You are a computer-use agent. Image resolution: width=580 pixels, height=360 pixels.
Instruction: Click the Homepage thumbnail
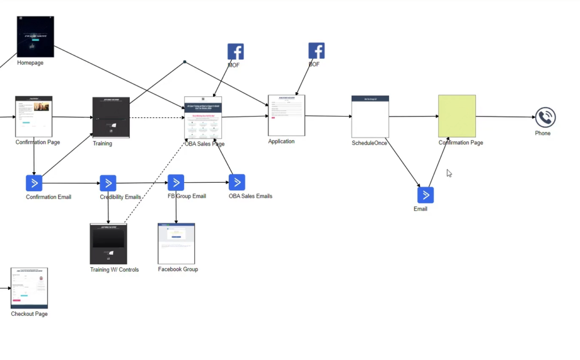35,37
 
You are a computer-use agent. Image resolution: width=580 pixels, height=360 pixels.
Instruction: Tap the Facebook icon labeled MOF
236,52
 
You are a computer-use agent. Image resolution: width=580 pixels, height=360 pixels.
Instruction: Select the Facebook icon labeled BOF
317,50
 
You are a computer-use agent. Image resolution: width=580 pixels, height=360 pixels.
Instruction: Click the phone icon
545,117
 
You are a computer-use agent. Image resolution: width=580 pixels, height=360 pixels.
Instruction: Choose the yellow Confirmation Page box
457,116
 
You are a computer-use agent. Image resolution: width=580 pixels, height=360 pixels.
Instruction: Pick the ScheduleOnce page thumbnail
370,117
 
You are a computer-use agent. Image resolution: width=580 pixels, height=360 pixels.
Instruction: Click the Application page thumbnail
287,115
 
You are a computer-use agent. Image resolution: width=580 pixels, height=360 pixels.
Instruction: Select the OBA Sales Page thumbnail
203,118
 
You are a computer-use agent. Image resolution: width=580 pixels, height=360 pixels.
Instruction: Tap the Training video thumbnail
111,118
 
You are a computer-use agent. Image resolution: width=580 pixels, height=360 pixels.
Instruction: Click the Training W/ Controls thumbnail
108,244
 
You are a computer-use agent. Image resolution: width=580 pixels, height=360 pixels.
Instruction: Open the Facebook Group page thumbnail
176,243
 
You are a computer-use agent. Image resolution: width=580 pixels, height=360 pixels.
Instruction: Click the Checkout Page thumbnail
29,288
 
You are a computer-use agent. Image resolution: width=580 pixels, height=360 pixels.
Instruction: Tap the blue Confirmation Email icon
34,183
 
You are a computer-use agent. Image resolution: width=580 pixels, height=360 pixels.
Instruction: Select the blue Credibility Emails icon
108,183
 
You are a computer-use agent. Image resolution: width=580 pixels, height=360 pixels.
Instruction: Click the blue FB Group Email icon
176,182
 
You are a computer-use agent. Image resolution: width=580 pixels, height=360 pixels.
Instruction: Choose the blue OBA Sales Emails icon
237,182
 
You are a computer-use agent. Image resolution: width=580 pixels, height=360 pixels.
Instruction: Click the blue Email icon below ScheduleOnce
425,195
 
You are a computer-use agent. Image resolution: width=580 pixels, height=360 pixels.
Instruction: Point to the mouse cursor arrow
449,173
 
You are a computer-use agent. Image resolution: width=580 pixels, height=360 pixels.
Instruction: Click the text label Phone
543,134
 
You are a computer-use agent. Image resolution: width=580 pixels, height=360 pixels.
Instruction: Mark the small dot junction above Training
185,62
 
